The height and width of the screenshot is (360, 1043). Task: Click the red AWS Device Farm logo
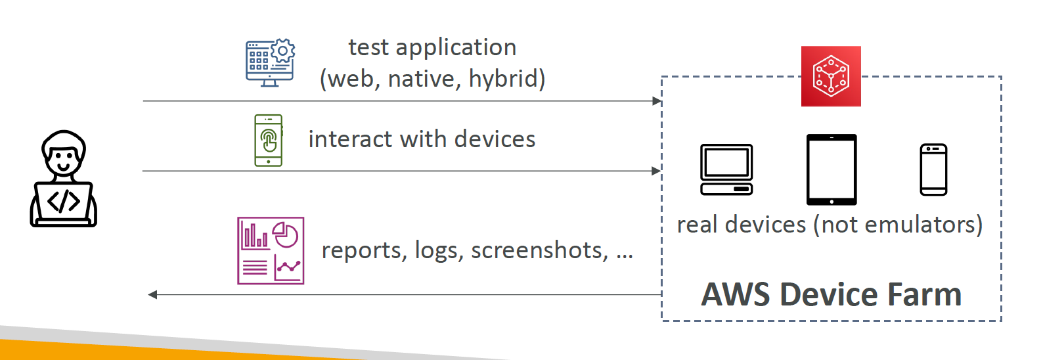[x=831, y=76]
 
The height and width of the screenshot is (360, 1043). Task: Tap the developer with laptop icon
[x=63, y=179]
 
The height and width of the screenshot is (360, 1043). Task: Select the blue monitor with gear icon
[x=270, y=63]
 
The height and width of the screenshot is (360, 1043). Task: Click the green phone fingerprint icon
[x=269, y=140]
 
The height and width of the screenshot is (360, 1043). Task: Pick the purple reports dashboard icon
[x=271, y=250]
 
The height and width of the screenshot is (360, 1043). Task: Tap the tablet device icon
[x=832, y=169]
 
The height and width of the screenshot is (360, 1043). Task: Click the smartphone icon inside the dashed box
[x=933, y=169]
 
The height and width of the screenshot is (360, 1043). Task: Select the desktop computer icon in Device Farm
[x=726, y=169]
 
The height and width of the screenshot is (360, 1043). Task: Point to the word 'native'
[x=421, y=79]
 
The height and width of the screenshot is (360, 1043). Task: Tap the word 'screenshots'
[x=540, y=250]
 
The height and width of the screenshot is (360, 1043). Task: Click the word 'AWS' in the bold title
[x=735, y=294]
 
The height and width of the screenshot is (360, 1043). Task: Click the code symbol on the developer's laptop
[x=63, y=202]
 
